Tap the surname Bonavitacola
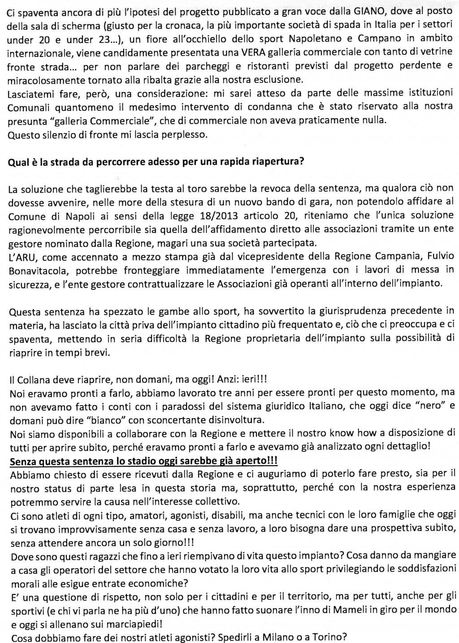(34, 269)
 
